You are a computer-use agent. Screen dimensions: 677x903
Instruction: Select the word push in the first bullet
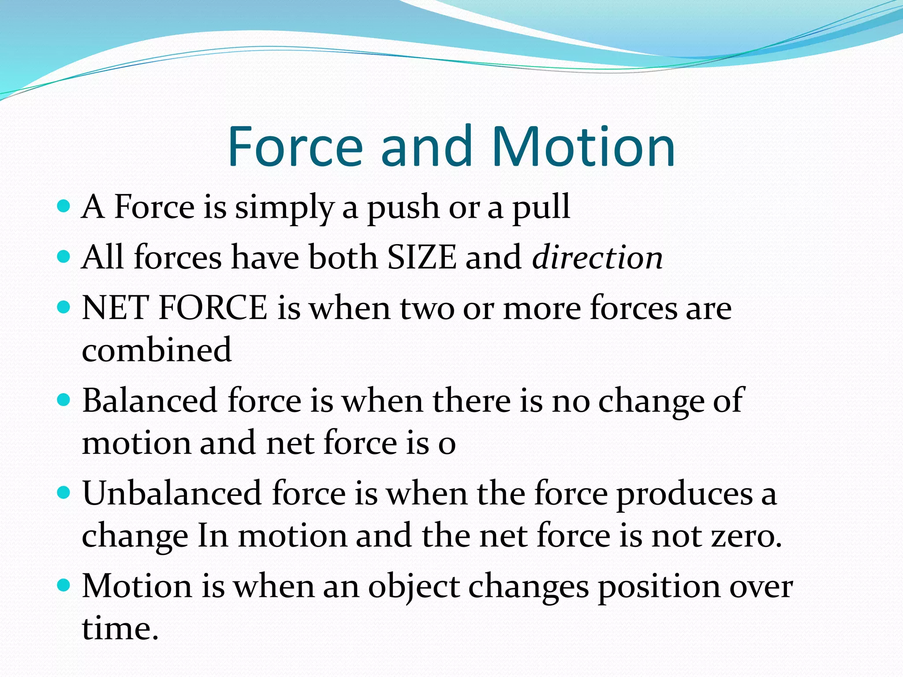coord(403,207)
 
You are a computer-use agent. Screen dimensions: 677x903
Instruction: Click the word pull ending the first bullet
coord(541,207)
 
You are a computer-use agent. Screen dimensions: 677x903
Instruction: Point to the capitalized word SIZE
coord(422,257)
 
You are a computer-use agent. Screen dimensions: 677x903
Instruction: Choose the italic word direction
coord(597,257)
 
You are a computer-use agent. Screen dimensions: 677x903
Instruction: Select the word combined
coord(157,350)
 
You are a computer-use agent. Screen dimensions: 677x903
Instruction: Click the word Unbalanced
coord(172,494)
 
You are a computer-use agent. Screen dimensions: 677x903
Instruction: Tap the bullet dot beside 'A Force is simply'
coord(64,206)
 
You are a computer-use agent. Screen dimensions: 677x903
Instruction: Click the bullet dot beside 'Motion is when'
coord(64,585)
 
